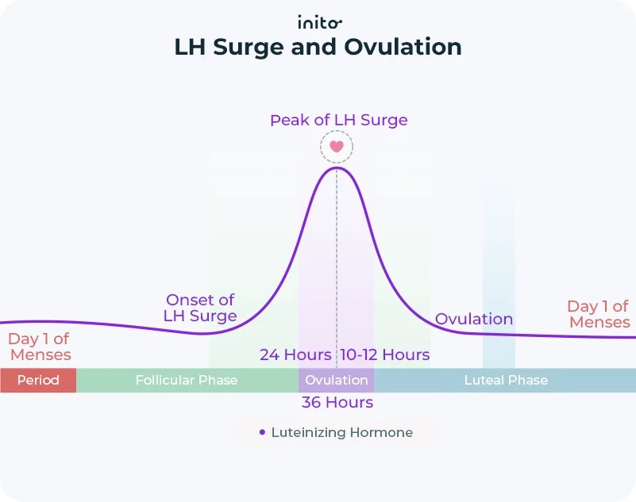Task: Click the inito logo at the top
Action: tap(319, 21)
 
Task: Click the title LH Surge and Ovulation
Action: tap(318, 47)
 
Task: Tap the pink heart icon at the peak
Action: tap(337, 147)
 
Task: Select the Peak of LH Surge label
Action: tap(338, 121)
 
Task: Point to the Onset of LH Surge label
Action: tap(200, 308)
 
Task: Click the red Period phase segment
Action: tap(38, 380)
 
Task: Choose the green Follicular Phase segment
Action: tap(187, 380)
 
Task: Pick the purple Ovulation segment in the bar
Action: tap(336, 380)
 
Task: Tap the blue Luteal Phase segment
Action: tap(506, 380)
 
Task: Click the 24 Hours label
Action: tap(295, 354)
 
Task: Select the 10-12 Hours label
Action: tap(385, 354)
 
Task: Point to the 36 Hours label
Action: tap(337, 403)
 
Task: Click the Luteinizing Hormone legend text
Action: tap(342, 433)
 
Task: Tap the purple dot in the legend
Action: tap(262, 433)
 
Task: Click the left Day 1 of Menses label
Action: tap(40, 347)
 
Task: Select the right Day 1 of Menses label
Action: tap(599, 314)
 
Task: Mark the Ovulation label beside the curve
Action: tap(474, 319)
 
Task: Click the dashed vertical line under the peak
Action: tap(337, 262)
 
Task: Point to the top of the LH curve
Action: tap(337, 167)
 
